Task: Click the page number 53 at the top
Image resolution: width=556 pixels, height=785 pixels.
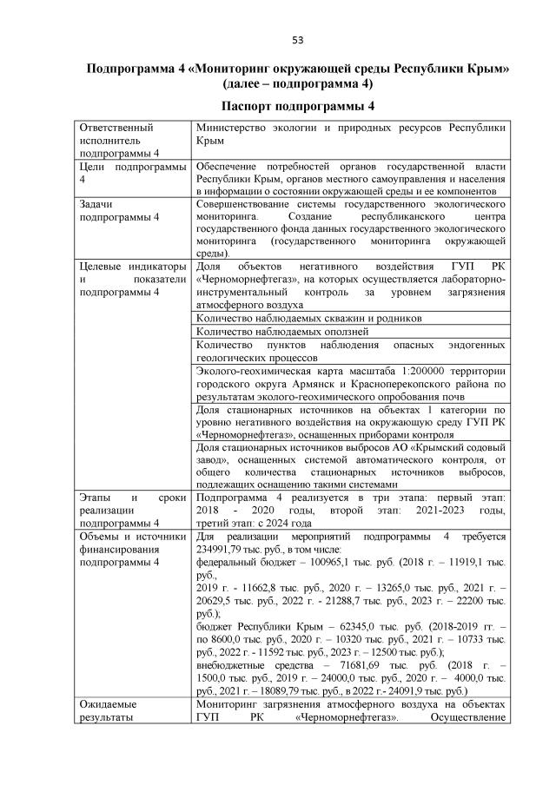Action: pyautogui.click(x=297, y=40)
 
